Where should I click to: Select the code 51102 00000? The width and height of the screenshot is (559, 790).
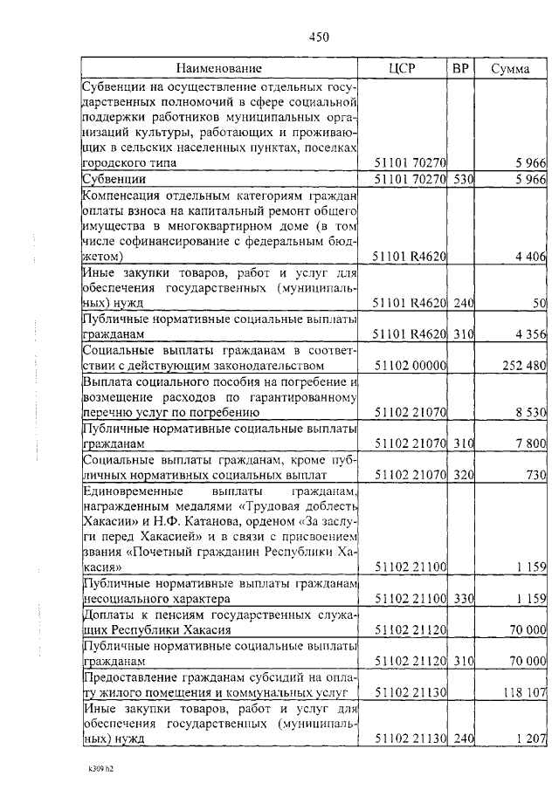pos(411,365)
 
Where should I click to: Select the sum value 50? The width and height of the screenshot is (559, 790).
pos(540,302)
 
